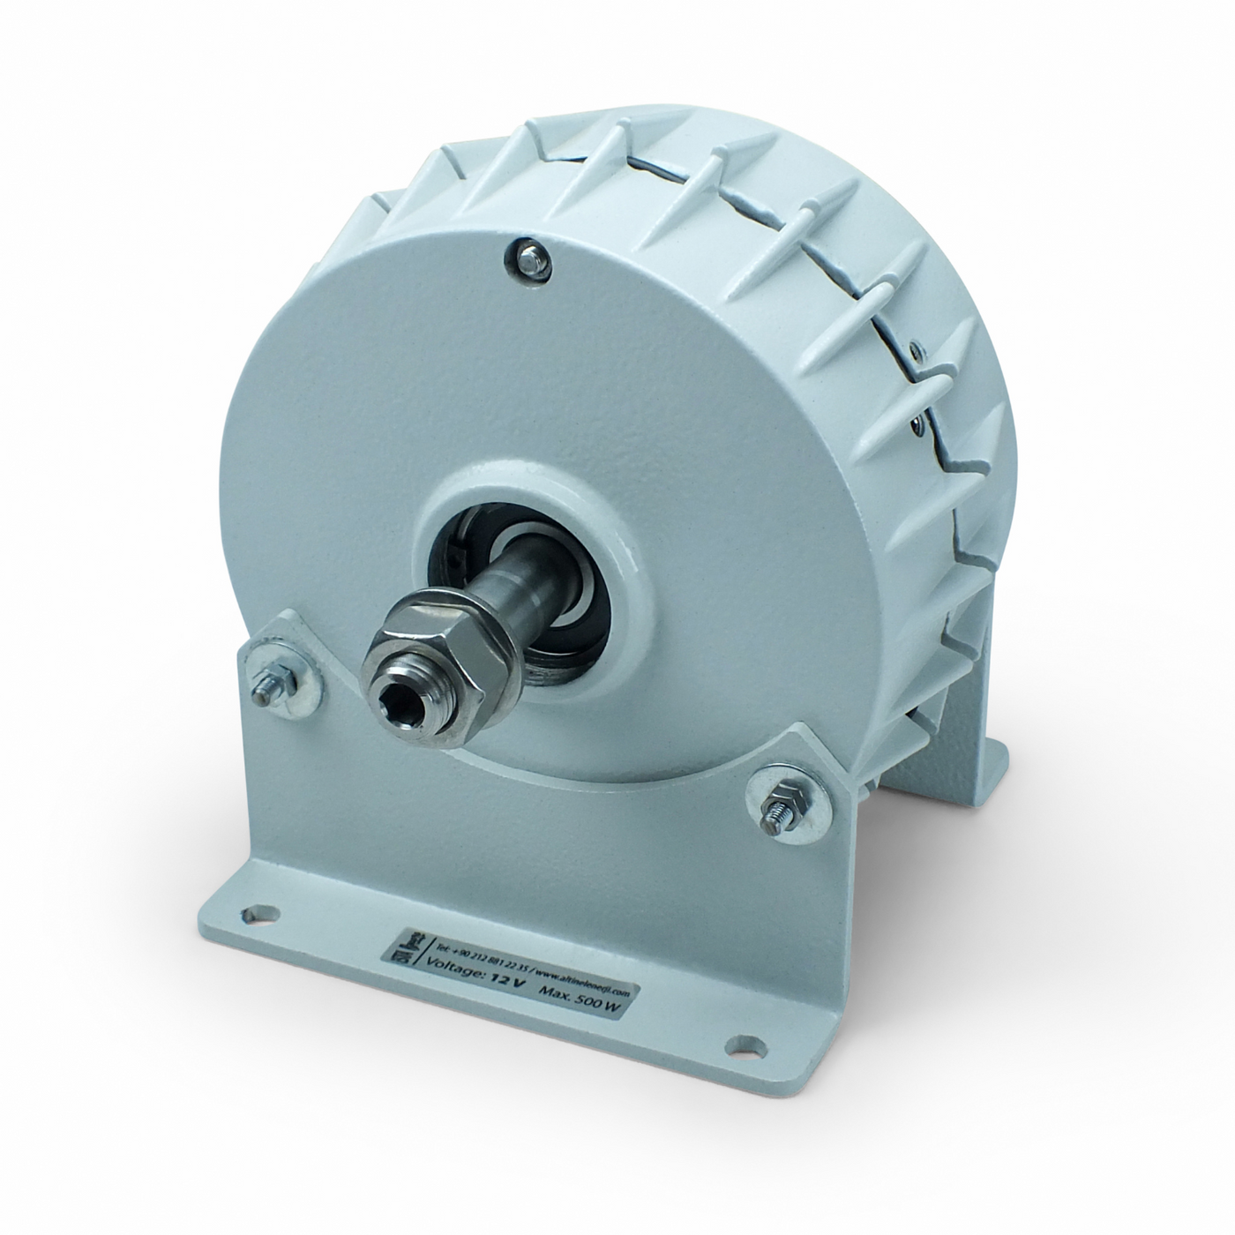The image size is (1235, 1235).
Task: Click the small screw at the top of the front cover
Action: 527,257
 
